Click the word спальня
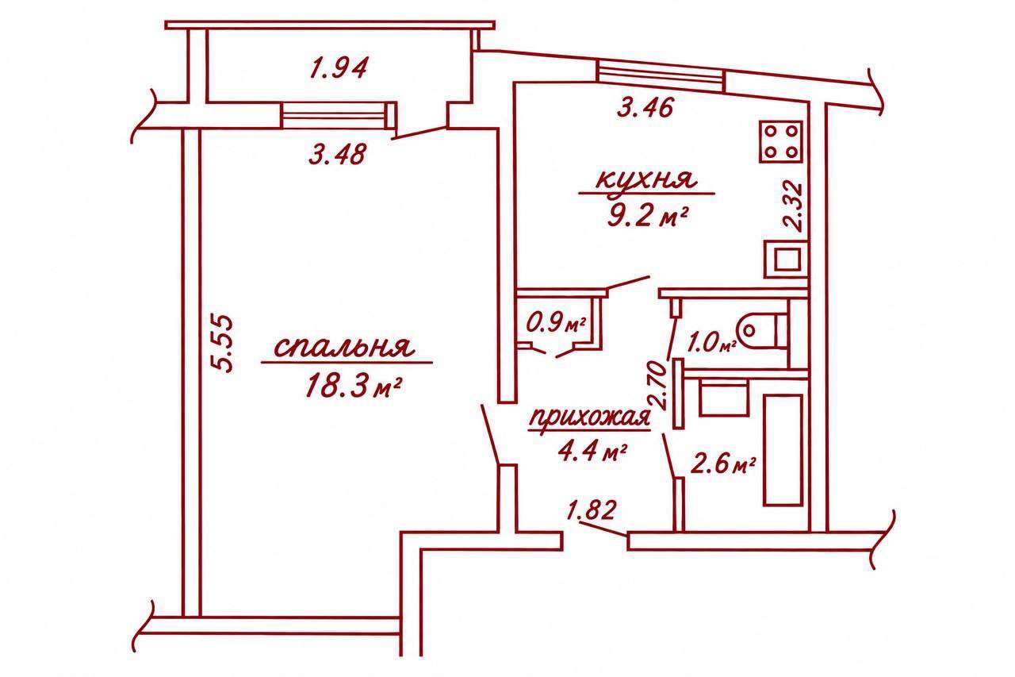344,348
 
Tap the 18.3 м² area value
354,386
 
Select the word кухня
645,180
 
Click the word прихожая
589,418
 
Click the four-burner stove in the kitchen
781,142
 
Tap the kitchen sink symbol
786,260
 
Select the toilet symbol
763,329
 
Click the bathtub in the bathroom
783,450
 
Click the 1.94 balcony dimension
338,68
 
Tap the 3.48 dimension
337,154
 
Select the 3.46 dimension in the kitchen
645,107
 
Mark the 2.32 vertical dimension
793,207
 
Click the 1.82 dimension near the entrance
592,510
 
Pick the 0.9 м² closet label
556,324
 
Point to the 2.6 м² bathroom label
722,465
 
